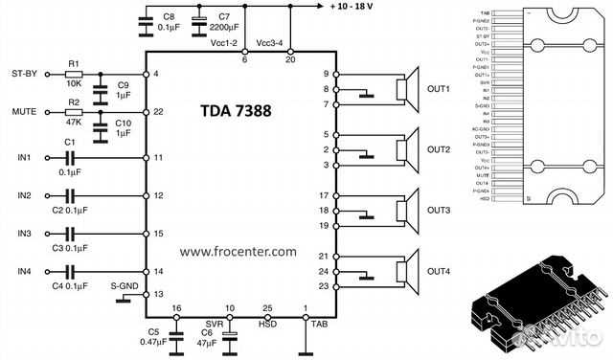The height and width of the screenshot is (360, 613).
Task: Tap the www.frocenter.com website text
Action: (x=238, y=251)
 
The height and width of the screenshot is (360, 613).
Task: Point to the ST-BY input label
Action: (x=24, y=73)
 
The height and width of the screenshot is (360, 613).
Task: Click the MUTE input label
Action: (x=24, y=112)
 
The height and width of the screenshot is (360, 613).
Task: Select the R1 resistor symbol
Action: (x=74, y=74)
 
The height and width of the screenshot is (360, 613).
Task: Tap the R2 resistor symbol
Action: (x=74, y=112)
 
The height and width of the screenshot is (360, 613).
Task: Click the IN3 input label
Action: (x=23, y=233)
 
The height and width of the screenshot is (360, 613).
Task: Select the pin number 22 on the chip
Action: (x=158, y=112)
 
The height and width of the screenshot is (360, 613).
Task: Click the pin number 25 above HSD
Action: (x=266, y=308)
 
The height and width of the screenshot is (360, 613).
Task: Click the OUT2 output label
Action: (x=439, y=150)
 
